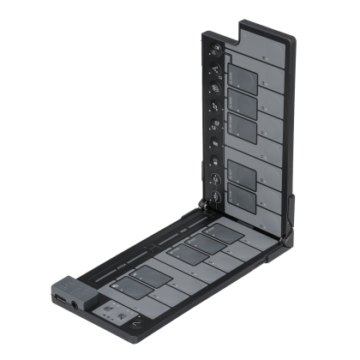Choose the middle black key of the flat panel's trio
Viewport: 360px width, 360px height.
183,253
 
